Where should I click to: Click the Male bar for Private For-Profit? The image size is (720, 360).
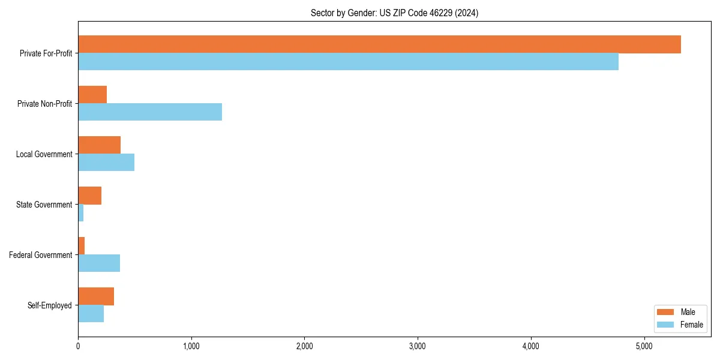point(379,44)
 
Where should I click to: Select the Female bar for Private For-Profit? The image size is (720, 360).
point(348,62)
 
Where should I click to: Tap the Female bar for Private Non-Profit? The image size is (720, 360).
point(150,112)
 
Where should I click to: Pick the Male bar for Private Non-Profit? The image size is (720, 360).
point(92,95)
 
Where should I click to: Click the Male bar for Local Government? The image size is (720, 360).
point(99,145)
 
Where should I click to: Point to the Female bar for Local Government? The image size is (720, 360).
point(106,163)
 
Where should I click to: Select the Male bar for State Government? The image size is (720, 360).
point(89,196)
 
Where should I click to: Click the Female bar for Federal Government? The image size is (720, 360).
point(99,263)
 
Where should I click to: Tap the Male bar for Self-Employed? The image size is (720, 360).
point(96,296)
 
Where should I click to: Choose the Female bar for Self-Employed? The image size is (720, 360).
point(91,314)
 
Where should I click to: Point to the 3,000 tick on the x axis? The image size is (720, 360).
point(418,346)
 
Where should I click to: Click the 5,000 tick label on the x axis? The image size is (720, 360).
point(644,346)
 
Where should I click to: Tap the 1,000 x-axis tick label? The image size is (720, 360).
point(191,346)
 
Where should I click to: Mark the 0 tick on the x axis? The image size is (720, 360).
point(78,346)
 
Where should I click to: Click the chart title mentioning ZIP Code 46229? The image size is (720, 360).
point(394,13)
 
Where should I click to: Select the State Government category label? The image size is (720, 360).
point(44,205)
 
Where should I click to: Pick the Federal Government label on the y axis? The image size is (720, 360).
point(41,255)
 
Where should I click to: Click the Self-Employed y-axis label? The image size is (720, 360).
point(50,305)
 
